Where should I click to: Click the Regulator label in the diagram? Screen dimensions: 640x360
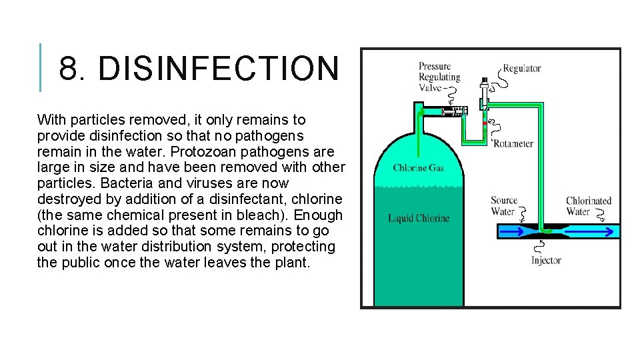pyautogui.click(x=521, y=68)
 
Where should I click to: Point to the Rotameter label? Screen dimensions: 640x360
pyautogui.click(x=513, y=143)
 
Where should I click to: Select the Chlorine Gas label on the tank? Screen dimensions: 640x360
pyautogui.click(x=419, y=168)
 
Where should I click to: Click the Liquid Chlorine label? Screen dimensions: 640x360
pyautogui.click(x=419, y=218)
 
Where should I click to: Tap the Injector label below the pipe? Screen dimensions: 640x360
pyautogui.click(x=546, y=261)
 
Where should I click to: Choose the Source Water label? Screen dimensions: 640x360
pyautogui.click(x=504, y=206)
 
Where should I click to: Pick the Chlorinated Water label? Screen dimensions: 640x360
pyautogui.click(x=588, y=206)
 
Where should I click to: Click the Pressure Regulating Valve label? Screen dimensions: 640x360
pyautogui.click(x=435, y=77)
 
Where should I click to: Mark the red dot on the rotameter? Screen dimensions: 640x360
pyautogui.click(x=484, y=123)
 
